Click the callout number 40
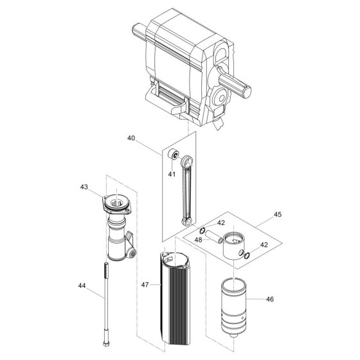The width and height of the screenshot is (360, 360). [x=131, y=138]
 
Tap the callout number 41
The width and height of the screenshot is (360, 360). [x=172, y=174]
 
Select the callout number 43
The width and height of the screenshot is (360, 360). [x=84, y=187]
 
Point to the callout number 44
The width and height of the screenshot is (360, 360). [x=82, y=285]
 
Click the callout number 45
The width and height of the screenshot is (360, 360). [x=278, y=215]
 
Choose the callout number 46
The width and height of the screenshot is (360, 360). [x=270, y=299]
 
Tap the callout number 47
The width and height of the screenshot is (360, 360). [x=145, y=285]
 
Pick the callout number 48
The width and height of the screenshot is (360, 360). [x=199, y=240]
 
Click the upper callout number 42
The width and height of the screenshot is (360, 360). [x=221, y=222]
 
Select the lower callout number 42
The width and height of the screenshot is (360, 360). [x=264, y=245]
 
